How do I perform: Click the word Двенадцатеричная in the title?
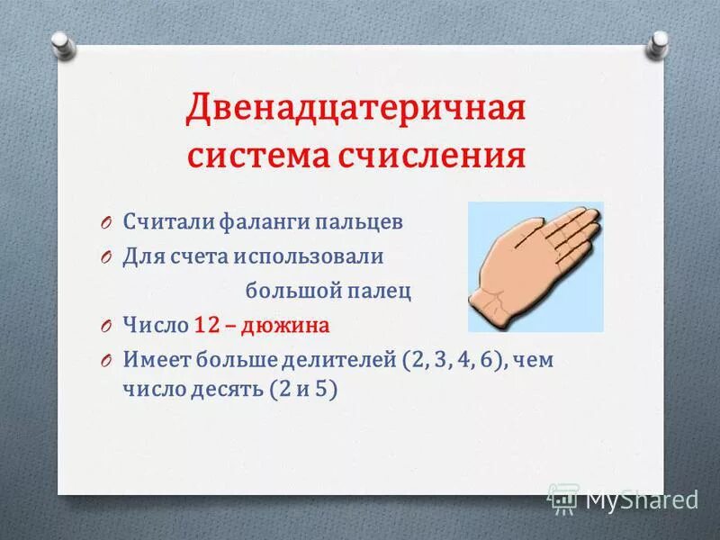pyautogui.click(x=355, y=110)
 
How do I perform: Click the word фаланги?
pyautogui.click(x=262, y=221)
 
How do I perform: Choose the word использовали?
pyautogui.click(x=310, y=256)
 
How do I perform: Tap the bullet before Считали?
pyautogui.click(x=104, y=222)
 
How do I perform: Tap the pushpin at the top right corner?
pyautogui.click(x=659, y=43)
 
